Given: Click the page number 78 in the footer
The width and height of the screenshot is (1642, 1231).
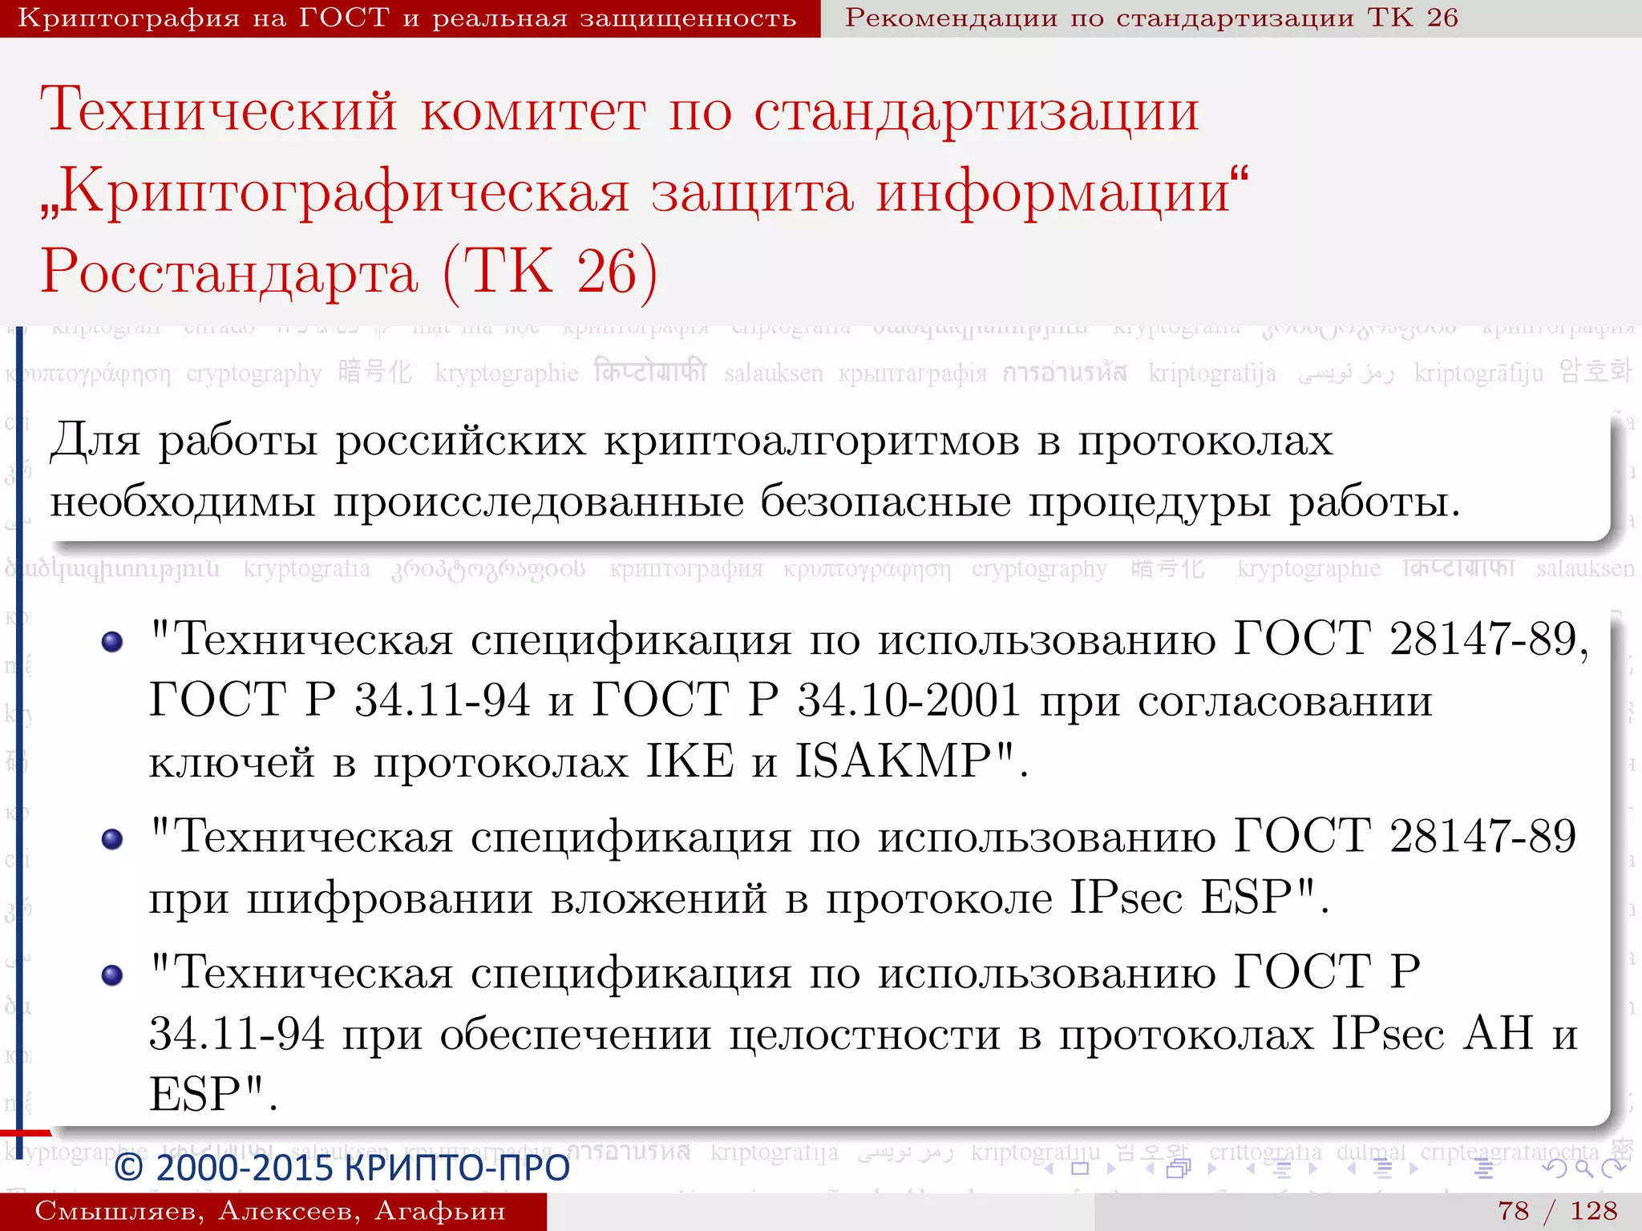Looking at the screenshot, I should coord(1513,1210).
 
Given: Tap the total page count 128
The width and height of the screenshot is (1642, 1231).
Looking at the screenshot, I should coord(1593,1210).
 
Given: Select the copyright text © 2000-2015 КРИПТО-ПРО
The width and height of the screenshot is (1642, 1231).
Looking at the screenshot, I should coord(342,1168).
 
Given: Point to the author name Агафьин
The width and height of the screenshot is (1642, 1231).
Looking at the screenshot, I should coord(440,1211).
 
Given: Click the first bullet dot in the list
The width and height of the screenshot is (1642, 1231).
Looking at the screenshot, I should coord(112,641).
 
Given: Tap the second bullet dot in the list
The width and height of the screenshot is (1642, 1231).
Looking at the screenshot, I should coord(112,839).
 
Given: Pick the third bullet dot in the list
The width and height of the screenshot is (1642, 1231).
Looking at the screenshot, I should coord(112,975).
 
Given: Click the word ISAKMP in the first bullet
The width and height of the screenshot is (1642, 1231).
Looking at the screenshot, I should coord(904,761).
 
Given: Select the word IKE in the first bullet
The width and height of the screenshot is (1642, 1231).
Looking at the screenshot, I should coord(690,761).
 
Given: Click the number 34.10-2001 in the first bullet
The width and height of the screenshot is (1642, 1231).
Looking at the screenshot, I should coord(908,700).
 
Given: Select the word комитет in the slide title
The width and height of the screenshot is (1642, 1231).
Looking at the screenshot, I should coord(533,111).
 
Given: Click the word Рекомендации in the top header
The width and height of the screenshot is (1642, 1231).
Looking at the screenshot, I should coord(951,18).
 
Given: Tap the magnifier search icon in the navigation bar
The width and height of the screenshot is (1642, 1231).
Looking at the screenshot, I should coord(1583,1168).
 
